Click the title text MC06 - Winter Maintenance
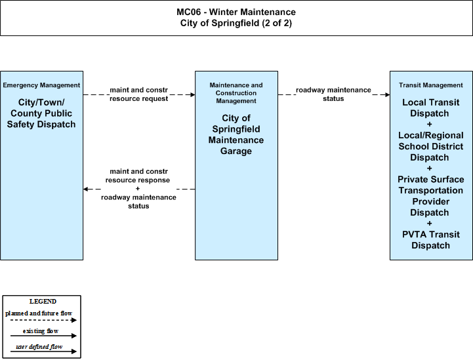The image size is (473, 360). coord(236,12)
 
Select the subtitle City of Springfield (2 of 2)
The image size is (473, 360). coord(236,23)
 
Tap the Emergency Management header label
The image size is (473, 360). coord(41,85)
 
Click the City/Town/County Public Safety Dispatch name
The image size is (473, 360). coord(41,113)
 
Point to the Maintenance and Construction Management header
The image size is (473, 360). coord(236,93)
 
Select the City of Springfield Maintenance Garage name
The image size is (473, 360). coord(236,134)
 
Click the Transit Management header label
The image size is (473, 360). coord(431,85)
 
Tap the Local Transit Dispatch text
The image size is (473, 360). coord(431,108)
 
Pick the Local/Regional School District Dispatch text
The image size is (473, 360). coord(431,146)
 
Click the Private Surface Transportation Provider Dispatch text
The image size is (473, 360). coord(431,196)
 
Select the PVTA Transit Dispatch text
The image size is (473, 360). coord(431,240)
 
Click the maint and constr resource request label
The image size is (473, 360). coord(139,94)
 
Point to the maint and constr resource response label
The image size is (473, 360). coord(138,176)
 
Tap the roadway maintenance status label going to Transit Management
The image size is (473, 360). coord(333,94)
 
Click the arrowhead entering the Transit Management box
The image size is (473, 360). coord(387,94)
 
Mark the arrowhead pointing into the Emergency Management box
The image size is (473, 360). coord(86,189)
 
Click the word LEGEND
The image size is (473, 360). coord(43,302)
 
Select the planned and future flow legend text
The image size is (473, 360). coord(39,313)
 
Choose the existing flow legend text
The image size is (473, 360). coord(41,331)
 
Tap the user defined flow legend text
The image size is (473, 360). coord(39,347)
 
